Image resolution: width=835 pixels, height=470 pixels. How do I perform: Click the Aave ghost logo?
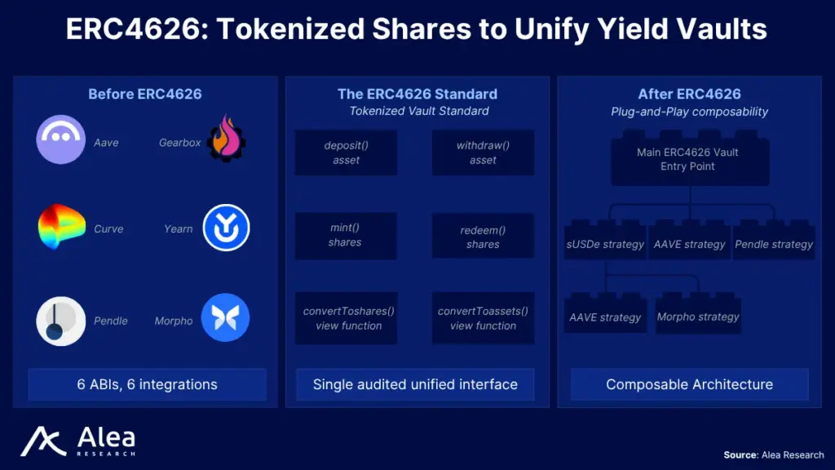point(60,140)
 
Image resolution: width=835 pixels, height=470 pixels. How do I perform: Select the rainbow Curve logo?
point(61,227)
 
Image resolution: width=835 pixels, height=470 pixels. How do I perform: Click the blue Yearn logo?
point(226,228)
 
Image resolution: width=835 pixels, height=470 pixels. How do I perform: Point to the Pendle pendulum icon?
point(60,321)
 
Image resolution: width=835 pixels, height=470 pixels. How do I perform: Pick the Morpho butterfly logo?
point(225,317)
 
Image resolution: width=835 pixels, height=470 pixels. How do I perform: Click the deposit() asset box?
point(346,153)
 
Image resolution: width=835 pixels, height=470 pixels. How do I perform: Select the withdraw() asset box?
point(483,153)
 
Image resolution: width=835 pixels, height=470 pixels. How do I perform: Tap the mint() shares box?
point(346,236)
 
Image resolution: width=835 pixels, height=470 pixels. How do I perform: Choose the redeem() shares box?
point(483,236)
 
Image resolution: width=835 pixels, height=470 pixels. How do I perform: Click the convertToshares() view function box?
point(346,318)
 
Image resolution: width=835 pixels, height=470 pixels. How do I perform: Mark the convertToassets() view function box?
point(483,318)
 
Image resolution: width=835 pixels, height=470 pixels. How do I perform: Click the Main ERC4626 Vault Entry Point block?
point(690,158)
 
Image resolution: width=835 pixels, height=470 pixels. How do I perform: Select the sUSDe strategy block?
point(606,241)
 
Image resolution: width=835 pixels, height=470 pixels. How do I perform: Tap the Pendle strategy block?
point(774,241)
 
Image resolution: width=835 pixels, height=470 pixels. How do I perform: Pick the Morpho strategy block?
point(698,313)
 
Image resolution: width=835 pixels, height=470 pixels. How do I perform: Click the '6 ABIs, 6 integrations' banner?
point(148,384)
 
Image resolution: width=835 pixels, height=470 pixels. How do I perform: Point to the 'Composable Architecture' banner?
point(690,384)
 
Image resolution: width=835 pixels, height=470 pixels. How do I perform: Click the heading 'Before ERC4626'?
point(145,95)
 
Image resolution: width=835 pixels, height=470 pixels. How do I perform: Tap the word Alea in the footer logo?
point(107,438)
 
